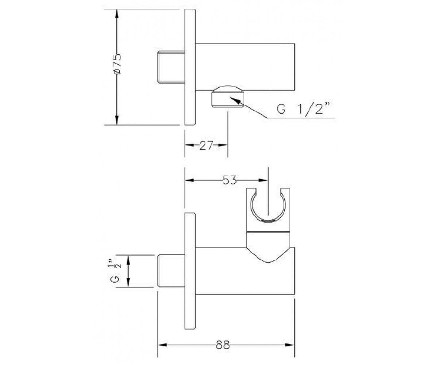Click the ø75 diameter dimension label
(118, 64)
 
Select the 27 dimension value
(206, 145)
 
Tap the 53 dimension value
(230, 180)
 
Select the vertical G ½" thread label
(116, 271)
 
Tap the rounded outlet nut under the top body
(228, 96)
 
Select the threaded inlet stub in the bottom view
(171, 271)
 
